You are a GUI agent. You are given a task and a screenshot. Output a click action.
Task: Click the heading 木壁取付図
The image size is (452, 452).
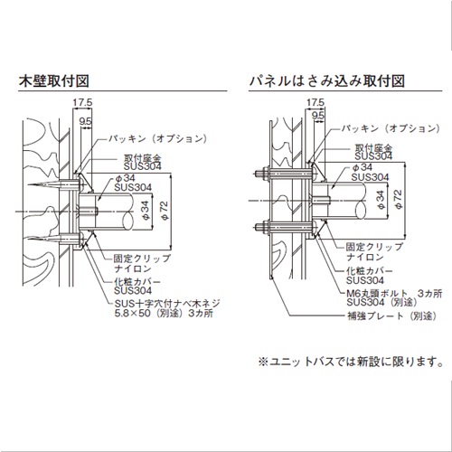[x=54, y=80]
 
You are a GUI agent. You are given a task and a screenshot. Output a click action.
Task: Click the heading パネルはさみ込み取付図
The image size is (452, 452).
[x=327, y=80]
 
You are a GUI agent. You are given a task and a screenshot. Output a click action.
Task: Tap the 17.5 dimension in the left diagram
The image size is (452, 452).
[x=82, y=102]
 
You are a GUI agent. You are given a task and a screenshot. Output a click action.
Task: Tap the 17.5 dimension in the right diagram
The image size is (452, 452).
[x=315, y=102]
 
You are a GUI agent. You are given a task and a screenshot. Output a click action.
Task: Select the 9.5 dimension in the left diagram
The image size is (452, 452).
[x=85, y=121]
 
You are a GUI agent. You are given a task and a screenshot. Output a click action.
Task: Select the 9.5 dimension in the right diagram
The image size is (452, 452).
[x=318, y=116]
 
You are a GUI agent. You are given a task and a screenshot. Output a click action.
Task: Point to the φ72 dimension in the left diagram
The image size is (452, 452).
[x=165, y=210]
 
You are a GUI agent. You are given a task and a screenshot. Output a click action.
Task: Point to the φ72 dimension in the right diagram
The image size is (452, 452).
[x=398, y=199]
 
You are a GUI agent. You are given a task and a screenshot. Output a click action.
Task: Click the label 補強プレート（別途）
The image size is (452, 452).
[x=391, y=315]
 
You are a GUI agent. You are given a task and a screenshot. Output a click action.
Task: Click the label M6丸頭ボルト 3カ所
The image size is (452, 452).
[x=394, y=293]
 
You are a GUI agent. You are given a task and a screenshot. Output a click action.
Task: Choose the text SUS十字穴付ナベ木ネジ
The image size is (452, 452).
[x=167, y=303]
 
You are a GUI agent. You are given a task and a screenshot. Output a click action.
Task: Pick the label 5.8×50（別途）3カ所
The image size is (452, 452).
[x=164, y=313]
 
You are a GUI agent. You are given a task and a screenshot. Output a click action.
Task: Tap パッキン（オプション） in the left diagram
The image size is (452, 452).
[x=158, y=138]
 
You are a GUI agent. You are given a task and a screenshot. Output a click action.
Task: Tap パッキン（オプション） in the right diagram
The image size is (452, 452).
[x=391, y=128]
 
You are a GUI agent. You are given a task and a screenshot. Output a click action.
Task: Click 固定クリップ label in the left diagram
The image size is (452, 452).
[x=142, y=259]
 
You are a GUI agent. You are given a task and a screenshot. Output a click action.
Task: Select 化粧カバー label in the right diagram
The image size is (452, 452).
[x=369, y=270]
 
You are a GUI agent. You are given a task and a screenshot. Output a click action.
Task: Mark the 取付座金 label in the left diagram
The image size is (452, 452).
[x=143, y=158]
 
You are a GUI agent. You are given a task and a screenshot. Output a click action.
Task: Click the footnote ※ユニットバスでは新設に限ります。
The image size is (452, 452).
[x=351, y=362]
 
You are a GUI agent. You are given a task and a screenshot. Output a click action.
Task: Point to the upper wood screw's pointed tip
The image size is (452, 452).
[x=28, y=184]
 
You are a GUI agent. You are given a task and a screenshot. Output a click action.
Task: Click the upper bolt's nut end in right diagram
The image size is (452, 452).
[x=256, y=174]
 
